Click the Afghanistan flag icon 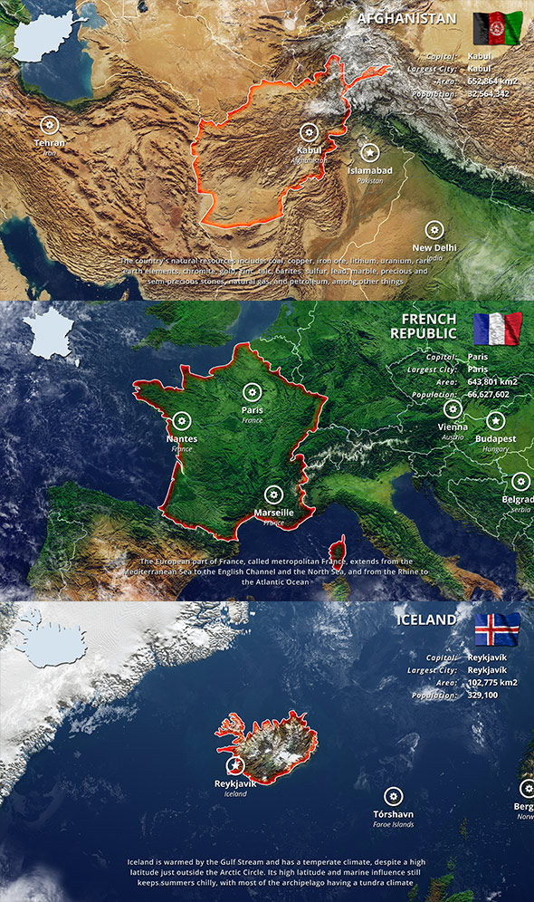(497, 29)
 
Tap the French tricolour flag (497, 330)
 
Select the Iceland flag (497, 629)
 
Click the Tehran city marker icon (50, 125)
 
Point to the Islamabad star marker (368, 153)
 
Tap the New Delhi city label (434, 247)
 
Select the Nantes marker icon (182, 421)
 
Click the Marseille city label (273, 513)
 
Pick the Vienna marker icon (453, 409)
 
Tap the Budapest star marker (495, 421)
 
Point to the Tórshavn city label (393, 814)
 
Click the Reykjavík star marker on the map (235, 765)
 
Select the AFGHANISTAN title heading (406, 18)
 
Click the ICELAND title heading (426, 619)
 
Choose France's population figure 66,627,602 (489, 395)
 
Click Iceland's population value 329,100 (482, 696)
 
